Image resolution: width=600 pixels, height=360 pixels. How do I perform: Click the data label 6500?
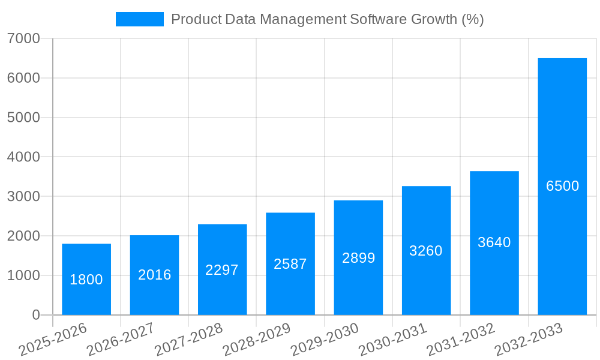(x=563, y=186)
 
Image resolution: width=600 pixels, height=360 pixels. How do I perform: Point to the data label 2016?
(x=155, y=275)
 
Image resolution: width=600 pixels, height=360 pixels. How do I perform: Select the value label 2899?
(x=359, y=258)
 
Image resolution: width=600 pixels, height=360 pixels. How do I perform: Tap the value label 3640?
(x=494, y=242)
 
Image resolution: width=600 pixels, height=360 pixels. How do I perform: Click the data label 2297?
(x=222, y=270)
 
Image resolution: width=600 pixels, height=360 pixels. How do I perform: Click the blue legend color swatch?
(x=139, y=19)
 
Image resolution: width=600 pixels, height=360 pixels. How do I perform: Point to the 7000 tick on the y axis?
(x=23, y=38)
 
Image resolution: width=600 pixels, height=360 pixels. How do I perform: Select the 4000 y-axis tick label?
(x=23, y=157)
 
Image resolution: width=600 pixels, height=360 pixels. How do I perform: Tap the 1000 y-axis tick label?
(x=23, y=275)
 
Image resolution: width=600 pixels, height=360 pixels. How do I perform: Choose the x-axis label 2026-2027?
(x=121, y=339)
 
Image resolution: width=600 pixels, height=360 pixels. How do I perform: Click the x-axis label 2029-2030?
(x=325, y=339)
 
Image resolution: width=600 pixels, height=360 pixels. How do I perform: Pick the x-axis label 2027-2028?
(x=188, y=339)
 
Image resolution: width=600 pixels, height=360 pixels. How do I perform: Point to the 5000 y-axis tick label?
(x=23, y=118)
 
